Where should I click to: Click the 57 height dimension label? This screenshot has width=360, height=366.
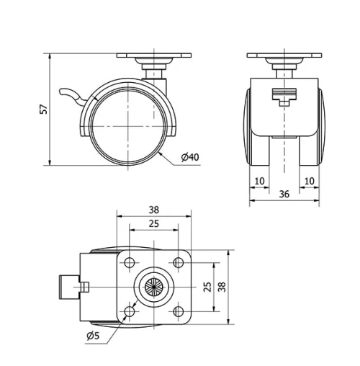pyautogui.click(x=43, y=109)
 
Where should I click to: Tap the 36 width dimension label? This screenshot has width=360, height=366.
pyautogui.click(x=285, y=193)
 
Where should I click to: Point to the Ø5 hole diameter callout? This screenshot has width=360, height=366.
pyautogui.click(x=92, y=336)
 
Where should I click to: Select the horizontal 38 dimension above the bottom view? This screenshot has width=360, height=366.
pyautogui.click(x=153, y=210)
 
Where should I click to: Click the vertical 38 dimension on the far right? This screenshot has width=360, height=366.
pyautogui.click(x=221, y=287)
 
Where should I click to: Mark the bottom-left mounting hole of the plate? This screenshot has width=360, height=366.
pyautogui.click(x=130, y=311)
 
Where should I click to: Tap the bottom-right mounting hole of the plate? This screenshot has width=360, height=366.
pyautogui.click(x=177, y=311)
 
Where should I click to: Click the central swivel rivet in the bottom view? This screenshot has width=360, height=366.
pyautogui.click(x=153, y=287)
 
